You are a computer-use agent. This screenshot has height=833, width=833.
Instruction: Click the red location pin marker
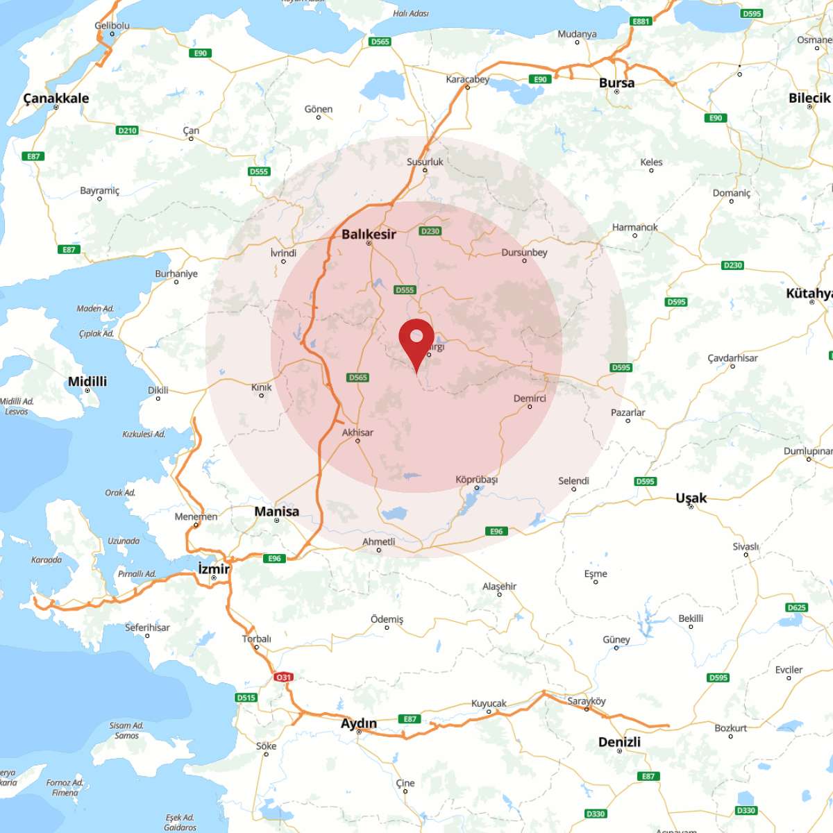coord(416,340)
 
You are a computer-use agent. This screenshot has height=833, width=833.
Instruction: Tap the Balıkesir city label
coord(369,235)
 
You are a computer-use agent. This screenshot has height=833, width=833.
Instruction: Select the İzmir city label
coord(214,569)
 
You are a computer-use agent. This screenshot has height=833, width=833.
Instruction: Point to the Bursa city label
coord(616,83)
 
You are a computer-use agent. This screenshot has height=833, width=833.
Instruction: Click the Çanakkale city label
coord(56,98)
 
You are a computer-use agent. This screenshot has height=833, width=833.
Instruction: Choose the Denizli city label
coord(619,741)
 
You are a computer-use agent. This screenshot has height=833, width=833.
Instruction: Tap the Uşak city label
coord(691,498)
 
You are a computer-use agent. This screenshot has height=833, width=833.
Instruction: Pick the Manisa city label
coord(276,512)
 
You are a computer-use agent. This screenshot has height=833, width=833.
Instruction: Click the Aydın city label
coord(359,723)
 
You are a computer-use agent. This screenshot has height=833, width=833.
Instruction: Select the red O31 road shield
coord(283,677)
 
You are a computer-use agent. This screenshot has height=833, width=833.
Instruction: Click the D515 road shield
coord(246,698)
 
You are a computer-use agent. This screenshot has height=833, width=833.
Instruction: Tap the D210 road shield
coord(127,131)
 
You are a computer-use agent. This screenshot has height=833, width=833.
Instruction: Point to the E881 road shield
coord(641,22)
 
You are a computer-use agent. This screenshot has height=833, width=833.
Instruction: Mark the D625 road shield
coord(797,607)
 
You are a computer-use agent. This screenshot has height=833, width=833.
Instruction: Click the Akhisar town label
coord(357,432)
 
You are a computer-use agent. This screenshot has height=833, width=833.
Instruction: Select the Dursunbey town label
coord(524,253)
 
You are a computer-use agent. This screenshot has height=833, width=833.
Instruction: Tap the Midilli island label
coord(87,381)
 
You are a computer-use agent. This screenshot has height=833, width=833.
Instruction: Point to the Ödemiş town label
coord(387,619)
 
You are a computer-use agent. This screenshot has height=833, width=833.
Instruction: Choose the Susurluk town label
coord(425,162)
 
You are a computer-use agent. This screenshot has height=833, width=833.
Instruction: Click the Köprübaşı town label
coord(476,480)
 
